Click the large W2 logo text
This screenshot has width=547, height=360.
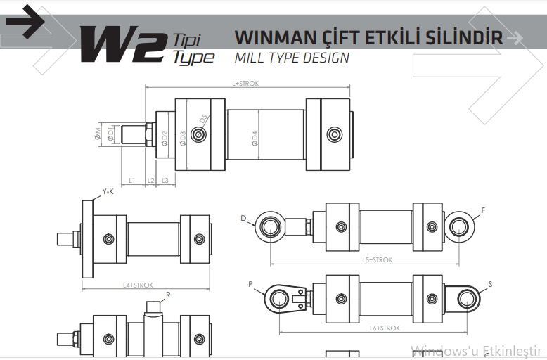pos(123,44)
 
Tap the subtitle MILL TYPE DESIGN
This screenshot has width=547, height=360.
pos(292,58)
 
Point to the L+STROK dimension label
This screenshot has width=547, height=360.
pos(245,84)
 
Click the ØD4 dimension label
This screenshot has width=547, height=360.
pos(255,138)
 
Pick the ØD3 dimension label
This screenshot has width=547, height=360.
pos(183,138)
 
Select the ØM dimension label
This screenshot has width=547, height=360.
pos(97,134)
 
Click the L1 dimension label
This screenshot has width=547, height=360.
pos(132,180)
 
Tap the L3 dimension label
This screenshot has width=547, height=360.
pos(165,180)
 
